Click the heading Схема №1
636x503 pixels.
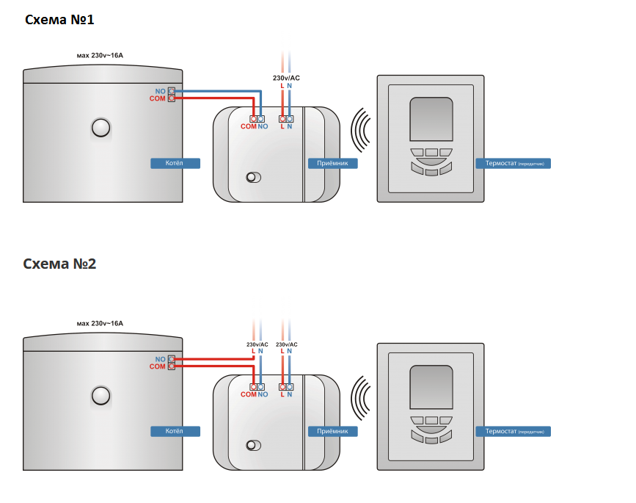[x=59, y=20]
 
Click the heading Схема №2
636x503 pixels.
[x=59, y=264]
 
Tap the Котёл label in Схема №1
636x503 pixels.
[x=175, y=163]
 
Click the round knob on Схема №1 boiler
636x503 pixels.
[x=100, y=129]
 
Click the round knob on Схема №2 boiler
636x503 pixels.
[x=100, y=397]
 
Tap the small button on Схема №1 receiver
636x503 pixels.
[x=253, y=177]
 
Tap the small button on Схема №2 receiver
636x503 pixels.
[x=253, y=445]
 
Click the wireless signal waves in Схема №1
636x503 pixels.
[x=361, y=132]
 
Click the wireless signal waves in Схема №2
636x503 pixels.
[x=361, y=401]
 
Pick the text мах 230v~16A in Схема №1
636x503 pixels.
[x=100, y=55]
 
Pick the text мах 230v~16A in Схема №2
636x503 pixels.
[x=100, y=323]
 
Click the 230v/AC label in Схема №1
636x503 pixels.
[x=286, y=78]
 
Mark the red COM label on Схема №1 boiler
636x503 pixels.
[x=157, y=98]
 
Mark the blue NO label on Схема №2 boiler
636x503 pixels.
[x=161, y=359]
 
